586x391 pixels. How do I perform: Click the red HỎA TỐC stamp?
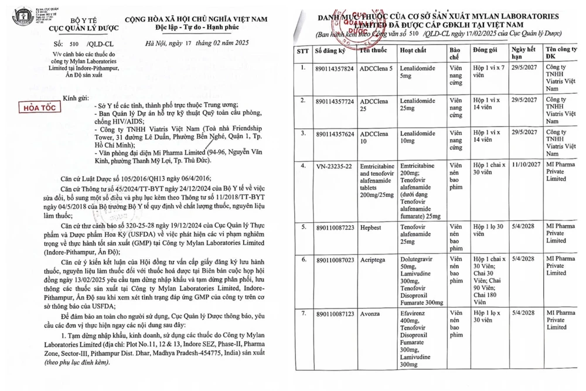(35, 109)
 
